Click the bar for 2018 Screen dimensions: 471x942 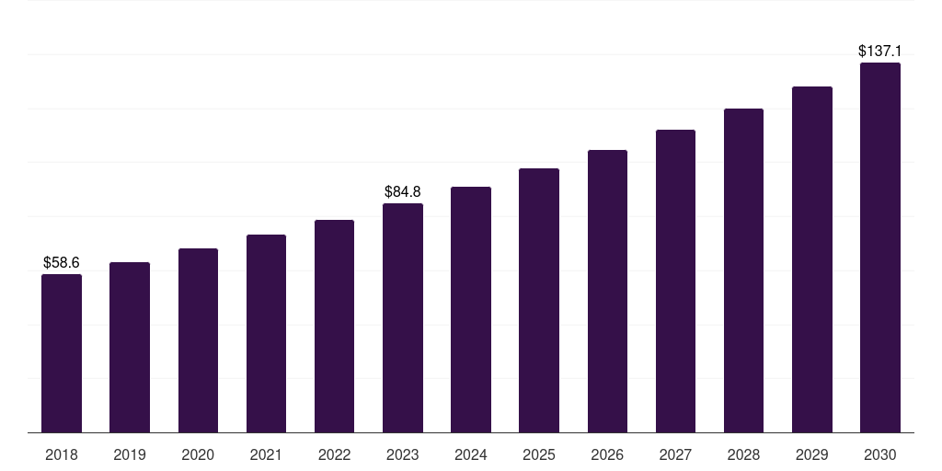click(62, 353)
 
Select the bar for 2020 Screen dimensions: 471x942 click(198, 340)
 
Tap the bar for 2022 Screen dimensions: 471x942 click(334, 327)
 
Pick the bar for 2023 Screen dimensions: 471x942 click(403, 318)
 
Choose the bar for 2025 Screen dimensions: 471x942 click(539, 301)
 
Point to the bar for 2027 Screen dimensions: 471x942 click(675, 281)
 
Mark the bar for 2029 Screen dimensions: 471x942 click(811, 259)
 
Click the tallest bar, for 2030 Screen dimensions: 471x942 click(880, 247)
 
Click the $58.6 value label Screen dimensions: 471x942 click(62, 263)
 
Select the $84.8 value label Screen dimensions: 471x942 click(403, 192)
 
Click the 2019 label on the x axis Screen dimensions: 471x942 click(130, 454)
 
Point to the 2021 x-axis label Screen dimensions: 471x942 click(266, 454)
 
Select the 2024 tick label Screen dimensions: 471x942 click(471, 454)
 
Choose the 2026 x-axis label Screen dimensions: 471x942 click(607, 454)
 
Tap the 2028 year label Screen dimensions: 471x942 click(743, 454)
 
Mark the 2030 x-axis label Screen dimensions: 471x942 click(880, 454)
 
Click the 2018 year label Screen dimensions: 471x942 click(62, 454)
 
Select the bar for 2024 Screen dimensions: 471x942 click(471, 310)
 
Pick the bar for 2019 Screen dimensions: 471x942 click(130, 348)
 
